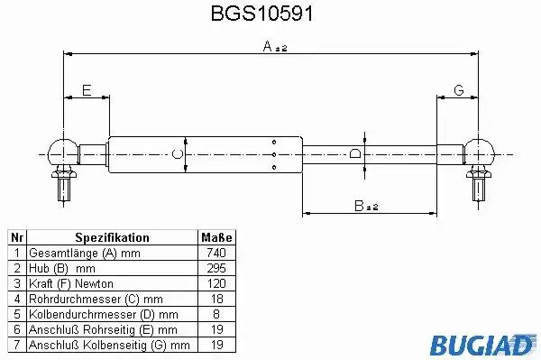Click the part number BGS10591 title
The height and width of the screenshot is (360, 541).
tap(261, 14)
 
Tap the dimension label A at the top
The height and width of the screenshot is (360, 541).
tap(268, 46)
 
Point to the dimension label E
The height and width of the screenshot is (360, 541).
tap(87, 90)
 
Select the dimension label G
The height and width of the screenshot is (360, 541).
tap(459, 90)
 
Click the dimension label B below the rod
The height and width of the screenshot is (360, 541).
tap(359, 206)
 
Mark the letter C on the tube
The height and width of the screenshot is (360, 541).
tap(178, 154)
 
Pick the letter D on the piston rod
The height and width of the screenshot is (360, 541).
tap(355, 153)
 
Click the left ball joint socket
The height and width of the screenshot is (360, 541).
tap(62, 152)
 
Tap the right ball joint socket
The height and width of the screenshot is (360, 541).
tap(479, 152)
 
